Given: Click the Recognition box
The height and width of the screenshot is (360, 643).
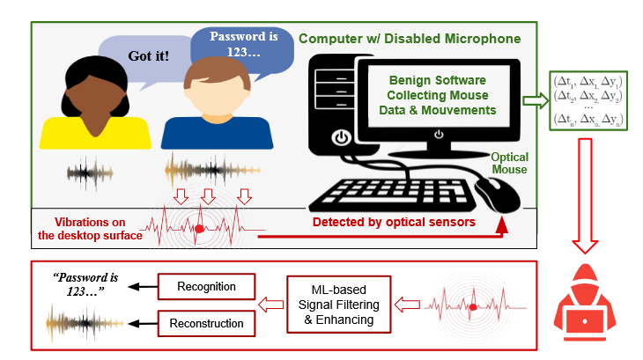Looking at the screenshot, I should click(x=206, y=287).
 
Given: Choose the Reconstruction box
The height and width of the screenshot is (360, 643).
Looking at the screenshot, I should click(x=206, y=323).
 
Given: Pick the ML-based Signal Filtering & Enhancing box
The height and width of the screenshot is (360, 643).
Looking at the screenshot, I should click(x=339, y=305).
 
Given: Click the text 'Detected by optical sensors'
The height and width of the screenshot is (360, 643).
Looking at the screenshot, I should click(x=394, y=222).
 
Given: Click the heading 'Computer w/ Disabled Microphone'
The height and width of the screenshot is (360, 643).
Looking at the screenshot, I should click(x=410, y=39).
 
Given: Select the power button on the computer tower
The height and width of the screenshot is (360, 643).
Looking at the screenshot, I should click(x=339, y=137).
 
